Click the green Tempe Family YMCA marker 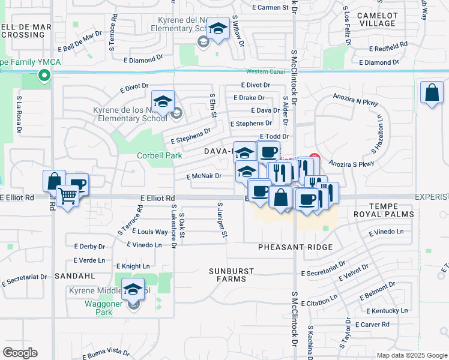[43, 76]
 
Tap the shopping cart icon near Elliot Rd [67, 195]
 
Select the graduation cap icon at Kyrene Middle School [133, 290]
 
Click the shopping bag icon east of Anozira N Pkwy [432, 93]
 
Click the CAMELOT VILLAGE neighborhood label [376, 19]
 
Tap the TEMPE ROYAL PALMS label [392, 210]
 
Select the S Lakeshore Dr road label [174, 226]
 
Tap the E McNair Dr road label [203, 176]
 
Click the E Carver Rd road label [372, 325]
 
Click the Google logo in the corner [20, 353]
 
